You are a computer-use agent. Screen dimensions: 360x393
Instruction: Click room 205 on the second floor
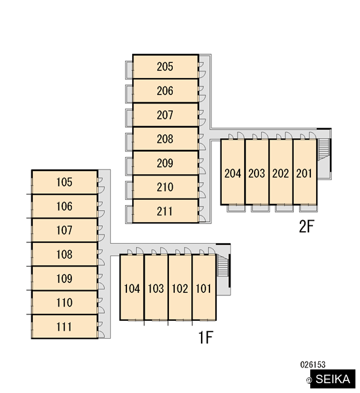coord(166,66)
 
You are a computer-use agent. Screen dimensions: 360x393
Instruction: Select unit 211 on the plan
coord(166,211)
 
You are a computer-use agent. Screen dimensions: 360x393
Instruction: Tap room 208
coord(166,139)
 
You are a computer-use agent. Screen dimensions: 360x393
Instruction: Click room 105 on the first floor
coord(64,182)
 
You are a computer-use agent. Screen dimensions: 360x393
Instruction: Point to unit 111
coord(64,327)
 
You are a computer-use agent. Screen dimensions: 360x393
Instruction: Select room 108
coord(64,254)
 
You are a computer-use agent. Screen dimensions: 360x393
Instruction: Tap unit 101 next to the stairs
coord(204,288)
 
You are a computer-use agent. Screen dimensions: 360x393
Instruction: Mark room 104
coord(132,288)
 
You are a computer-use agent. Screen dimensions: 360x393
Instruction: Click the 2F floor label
coord(306,227)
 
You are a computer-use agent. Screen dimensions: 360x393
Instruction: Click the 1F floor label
coord(206,337)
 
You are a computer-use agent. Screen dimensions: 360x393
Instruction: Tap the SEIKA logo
coord(333,379)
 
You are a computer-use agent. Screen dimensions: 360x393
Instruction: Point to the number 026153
coord(313,365)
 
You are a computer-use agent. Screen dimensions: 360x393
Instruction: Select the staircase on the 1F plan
coord(223,265)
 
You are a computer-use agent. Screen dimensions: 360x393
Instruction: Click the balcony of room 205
coord(129,70)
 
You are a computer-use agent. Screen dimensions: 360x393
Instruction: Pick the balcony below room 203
coord(261,208)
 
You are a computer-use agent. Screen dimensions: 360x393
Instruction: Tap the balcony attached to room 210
coord(129,190)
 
